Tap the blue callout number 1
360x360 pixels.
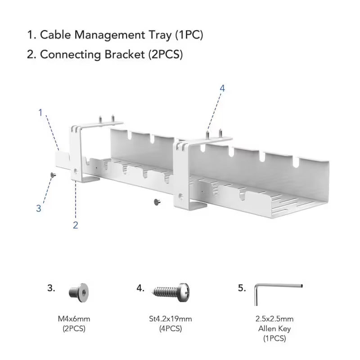click(x=40, y=112)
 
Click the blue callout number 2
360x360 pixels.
click(x=76, y=225)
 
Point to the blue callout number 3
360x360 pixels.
click(x=39, y=208)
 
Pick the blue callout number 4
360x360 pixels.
click(x=222, y=88)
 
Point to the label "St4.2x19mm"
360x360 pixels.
click(x=171, y=319)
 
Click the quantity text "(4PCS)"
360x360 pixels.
click(x=171, y=328)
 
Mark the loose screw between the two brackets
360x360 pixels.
click(x=157, y=202)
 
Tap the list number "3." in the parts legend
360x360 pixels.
click(x=52, y=288)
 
